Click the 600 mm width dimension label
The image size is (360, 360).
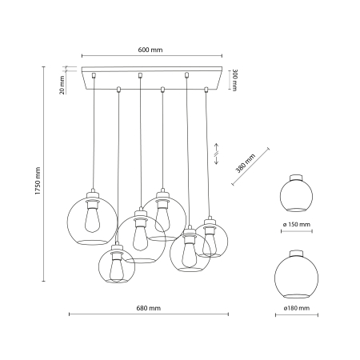point(150,50)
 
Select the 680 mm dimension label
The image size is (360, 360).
point(148,308)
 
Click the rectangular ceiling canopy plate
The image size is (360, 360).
point(150,78)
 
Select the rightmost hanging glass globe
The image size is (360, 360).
point(211,238)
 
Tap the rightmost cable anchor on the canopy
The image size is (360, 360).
point(208,87)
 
